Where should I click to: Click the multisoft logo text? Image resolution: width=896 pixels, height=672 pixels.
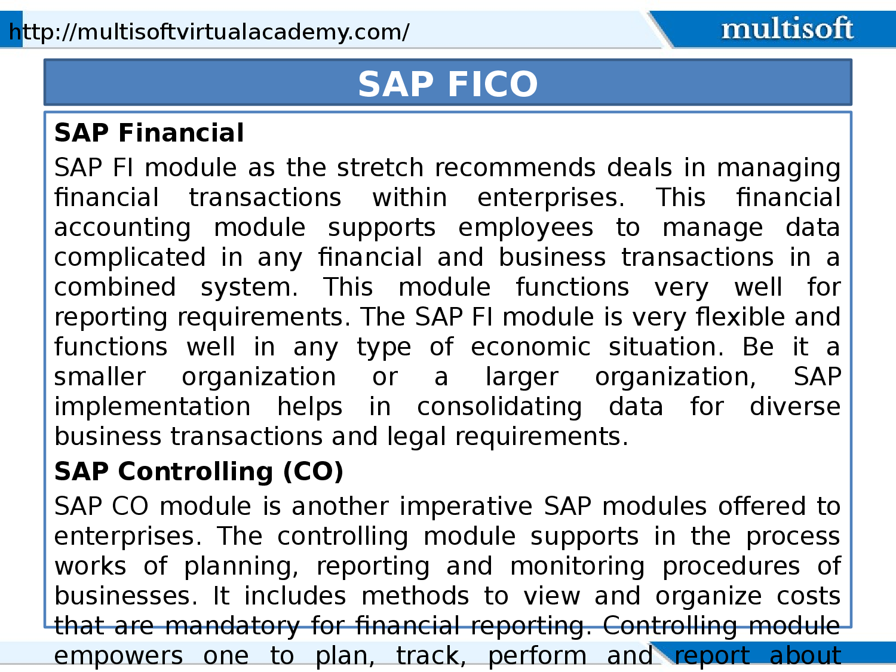(787, 29)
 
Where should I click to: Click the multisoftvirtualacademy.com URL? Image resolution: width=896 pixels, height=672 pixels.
(209, 32)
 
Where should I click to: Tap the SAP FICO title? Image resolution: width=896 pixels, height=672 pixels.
(448, 84)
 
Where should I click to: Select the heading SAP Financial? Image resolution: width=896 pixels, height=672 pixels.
(149, 133)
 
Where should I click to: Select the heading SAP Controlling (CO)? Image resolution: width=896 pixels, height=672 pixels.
(199, 471)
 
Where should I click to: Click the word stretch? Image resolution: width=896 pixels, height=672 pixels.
(380, 168)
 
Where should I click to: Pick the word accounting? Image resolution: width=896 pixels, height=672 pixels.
(122, 228)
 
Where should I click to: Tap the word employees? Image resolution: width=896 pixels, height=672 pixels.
(526, 228)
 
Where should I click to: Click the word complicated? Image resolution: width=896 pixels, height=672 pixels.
(130, 257)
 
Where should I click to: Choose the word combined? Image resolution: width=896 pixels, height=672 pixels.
(115, 287)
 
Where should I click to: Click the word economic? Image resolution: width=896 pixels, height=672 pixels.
(530, 347)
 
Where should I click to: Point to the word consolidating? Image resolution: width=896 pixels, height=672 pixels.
(499, 407)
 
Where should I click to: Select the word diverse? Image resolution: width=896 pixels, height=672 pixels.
(795, 407)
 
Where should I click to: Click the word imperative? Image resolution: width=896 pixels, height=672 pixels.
(466, 507)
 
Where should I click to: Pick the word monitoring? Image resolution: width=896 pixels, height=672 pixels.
(578, 566)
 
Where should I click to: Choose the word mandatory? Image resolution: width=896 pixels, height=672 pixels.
(232, 626)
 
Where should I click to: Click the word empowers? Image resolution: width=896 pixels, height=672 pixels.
(118, 656)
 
